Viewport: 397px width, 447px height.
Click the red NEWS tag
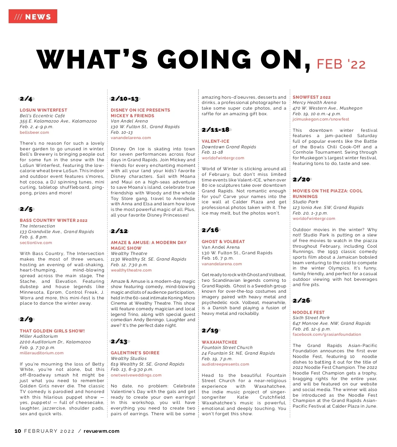tap(33, 17)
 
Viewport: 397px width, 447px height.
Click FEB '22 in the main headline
tap(341, 64)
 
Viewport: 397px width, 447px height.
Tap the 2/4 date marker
tap(26, 99)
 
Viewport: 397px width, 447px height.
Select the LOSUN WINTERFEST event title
tap(43, 110)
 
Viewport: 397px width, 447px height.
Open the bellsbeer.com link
tap(34, 132)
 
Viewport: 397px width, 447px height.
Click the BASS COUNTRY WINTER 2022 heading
tap(54, 220)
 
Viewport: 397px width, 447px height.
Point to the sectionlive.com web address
tap(36, 243)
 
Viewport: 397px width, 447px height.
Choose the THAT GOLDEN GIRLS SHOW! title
tap(52, 331)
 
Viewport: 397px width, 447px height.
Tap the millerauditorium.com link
tap(42, 353)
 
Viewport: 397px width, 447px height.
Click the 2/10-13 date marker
tap(125, 99)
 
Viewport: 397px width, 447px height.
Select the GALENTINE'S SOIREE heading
tap(135, 353)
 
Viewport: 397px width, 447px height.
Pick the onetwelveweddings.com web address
tap(136, 375)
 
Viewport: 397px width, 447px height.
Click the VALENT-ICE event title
tap(215, 141)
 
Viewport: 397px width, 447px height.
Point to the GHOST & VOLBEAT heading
tap(223, 241)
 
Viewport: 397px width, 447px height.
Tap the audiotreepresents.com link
tap(225, 364)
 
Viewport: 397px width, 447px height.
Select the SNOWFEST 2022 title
tap(312, 97)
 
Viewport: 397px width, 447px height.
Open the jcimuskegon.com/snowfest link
tap(321, 119)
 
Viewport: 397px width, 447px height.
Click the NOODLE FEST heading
tap(309, 312)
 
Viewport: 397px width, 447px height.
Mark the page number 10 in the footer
tap(18, 431)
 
